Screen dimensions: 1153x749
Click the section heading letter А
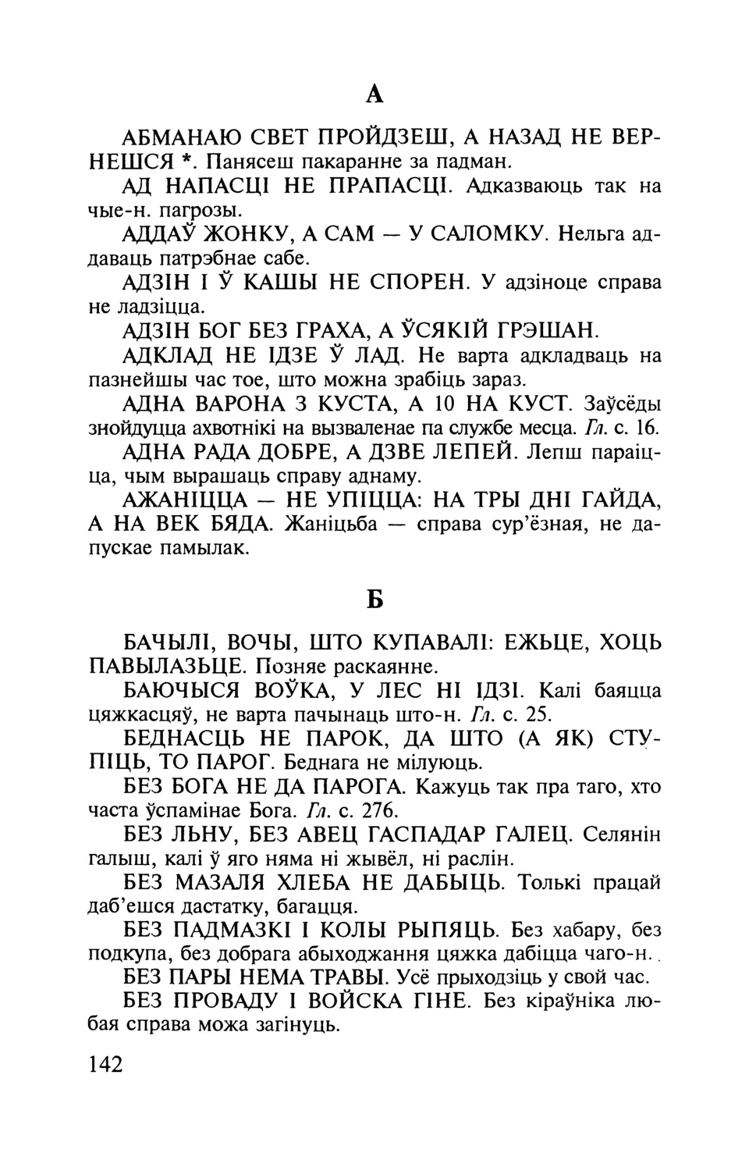tap(374, 95)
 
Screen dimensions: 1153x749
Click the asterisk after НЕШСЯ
tap(184, 162)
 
